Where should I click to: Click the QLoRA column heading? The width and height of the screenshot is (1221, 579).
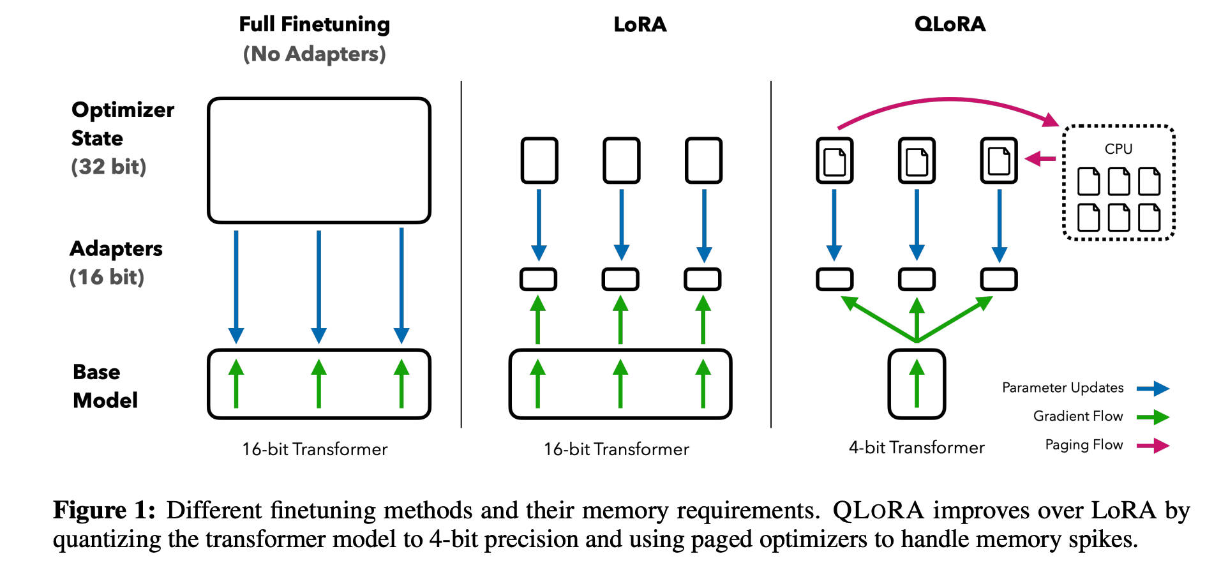click(950, 24)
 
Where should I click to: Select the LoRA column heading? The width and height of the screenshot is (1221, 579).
click(640, 24)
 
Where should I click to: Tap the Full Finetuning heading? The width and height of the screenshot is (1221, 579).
click(314, 24)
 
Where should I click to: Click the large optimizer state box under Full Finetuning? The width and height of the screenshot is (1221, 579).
click(319, 160)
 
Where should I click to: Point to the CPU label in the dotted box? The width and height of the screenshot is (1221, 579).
click(1118, 149)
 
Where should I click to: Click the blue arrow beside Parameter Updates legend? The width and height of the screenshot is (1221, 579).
click(1153, 388)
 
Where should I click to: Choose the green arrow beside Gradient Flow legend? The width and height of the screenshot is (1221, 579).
click(1153, 417)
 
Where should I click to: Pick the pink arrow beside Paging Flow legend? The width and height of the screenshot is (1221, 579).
click(1153, 446)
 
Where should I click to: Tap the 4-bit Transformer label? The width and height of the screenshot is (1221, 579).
click(917, 447)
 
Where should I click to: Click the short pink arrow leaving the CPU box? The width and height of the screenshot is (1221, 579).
click(1040, 158)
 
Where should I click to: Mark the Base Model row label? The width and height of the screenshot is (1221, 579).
click(105, 386)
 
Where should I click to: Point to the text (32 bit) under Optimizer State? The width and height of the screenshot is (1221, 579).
click(109, 167)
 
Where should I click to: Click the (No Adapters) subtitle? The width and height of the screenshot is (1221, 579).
click(314, 54)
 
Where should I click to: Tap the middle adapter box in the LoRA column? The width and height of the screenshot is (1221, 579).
click(620, 279)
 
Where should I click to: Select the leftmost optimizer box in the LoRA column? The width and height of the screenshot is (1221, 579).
click(539, 160)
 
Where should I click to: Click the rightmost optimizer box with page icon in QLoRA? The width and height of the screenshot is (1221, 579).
click(999, 160)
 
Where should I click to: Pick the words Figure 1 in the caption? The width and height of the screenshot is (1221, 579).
click(104, 510)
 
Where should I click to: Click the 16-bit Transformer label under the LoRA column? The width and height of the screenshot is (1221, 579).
click(616, 449)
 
